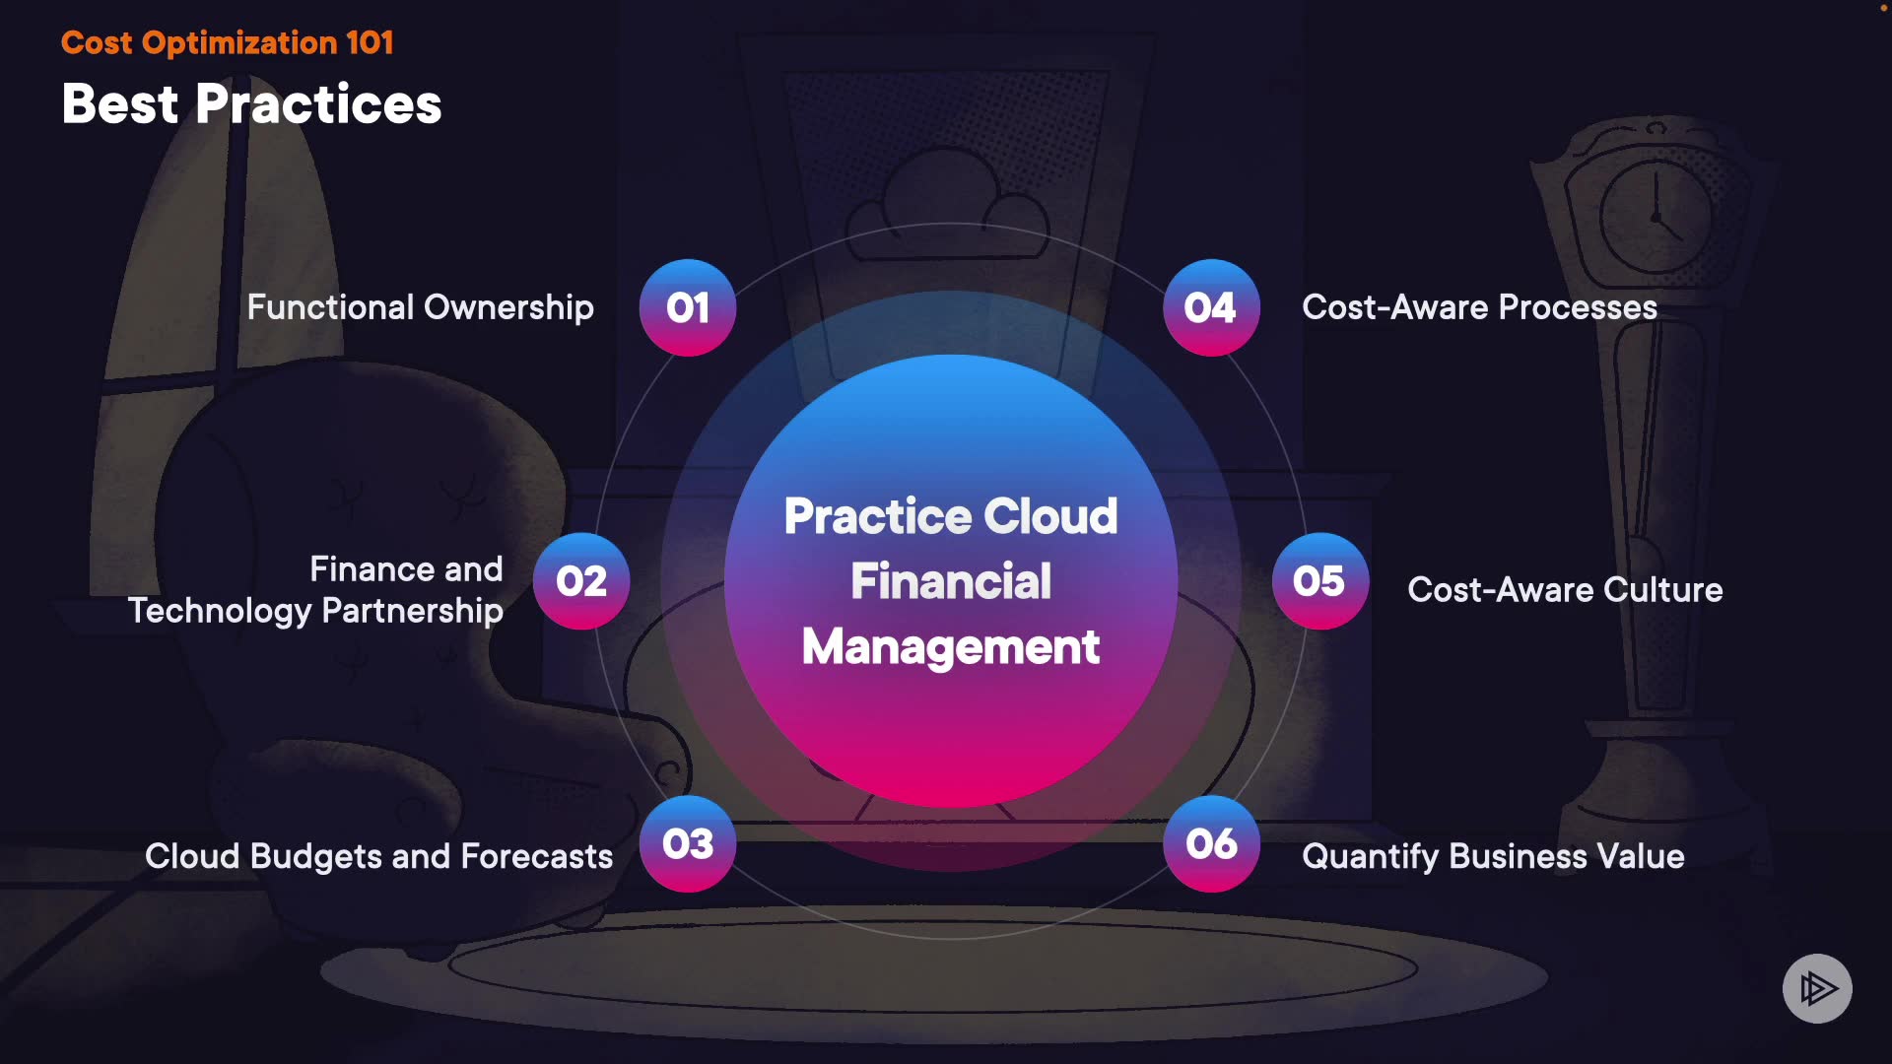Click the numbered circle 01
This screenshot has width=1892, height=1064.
click(688, 307)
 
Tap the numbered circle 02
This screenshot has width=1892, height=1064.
click(581, 581)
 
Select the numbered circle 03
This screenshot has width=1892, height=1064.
click(688, 843)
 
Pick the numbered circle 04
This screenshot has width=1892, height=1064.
click(1211, 307)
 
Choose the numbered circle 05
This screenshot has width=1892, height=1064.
click(1319, 581)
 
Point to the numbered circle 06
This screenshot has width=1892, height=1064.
click(1211, 843)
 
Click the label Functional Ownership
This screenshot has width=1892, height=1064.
click(420, 307)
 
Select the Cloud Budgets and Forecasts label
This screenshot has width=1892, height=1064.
click(378, 856)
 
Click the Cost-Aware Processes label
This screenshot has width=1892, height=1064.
click(1479, 307)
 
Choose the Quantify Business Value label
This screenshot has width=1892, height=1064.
click(1493, 856)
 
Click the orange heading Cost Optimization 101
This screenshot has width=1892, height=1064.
click(227, 42)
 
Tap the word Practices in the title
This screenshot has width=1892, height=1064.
click(318, 103)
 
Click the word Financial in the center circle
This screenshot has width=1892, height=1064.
click(951, 581)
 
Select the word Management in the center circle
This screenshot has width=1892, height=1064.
click(951, 647)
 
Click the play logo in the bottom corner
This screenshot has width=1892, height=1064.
click(1817, 988)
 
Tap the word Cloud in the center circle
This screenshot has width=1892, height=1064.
click(1050, 516)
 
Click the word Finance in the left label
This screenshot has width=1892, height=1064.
click(371, 569)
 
